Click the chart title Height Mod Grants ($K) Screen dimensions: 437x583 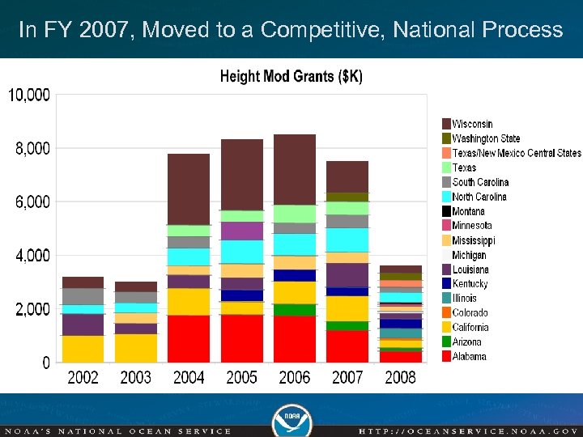[291, 77]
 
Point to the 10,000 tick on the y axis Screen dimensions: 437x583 [29, 95]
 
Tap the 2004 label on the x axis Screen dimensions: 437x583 [189, 377]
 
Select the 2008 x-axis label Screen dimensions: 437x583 [400, 377]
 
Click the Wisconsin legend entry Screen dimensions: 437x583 [471, 124]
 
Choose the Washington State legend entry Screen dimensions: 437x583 [485, 138]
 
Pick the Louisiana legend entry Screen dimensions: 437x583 [470, 269]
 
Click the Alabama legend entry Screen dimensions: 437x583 [469, 357]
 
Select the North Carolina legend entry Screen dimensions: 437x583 [479, 197]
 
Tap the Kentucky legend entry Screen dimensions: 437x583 [470, 284]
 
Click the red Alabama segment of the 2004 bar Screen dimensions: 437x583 [189, 338]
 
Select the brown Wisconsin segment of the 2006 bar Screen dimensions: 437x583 [295, 170]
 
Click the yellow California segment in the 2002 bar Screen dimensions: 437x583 [83, 349]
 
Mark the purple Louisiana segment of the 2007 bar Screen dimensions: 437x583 [347, 275]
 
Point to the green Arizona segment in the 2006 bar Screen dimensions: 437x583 [295, 310]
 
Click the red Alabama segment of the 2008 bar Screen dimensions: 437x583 [400, 357]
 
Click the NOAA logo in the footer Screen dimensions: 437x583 [291, 417]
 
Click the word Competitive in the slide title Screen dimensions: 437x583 [324, 31]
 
